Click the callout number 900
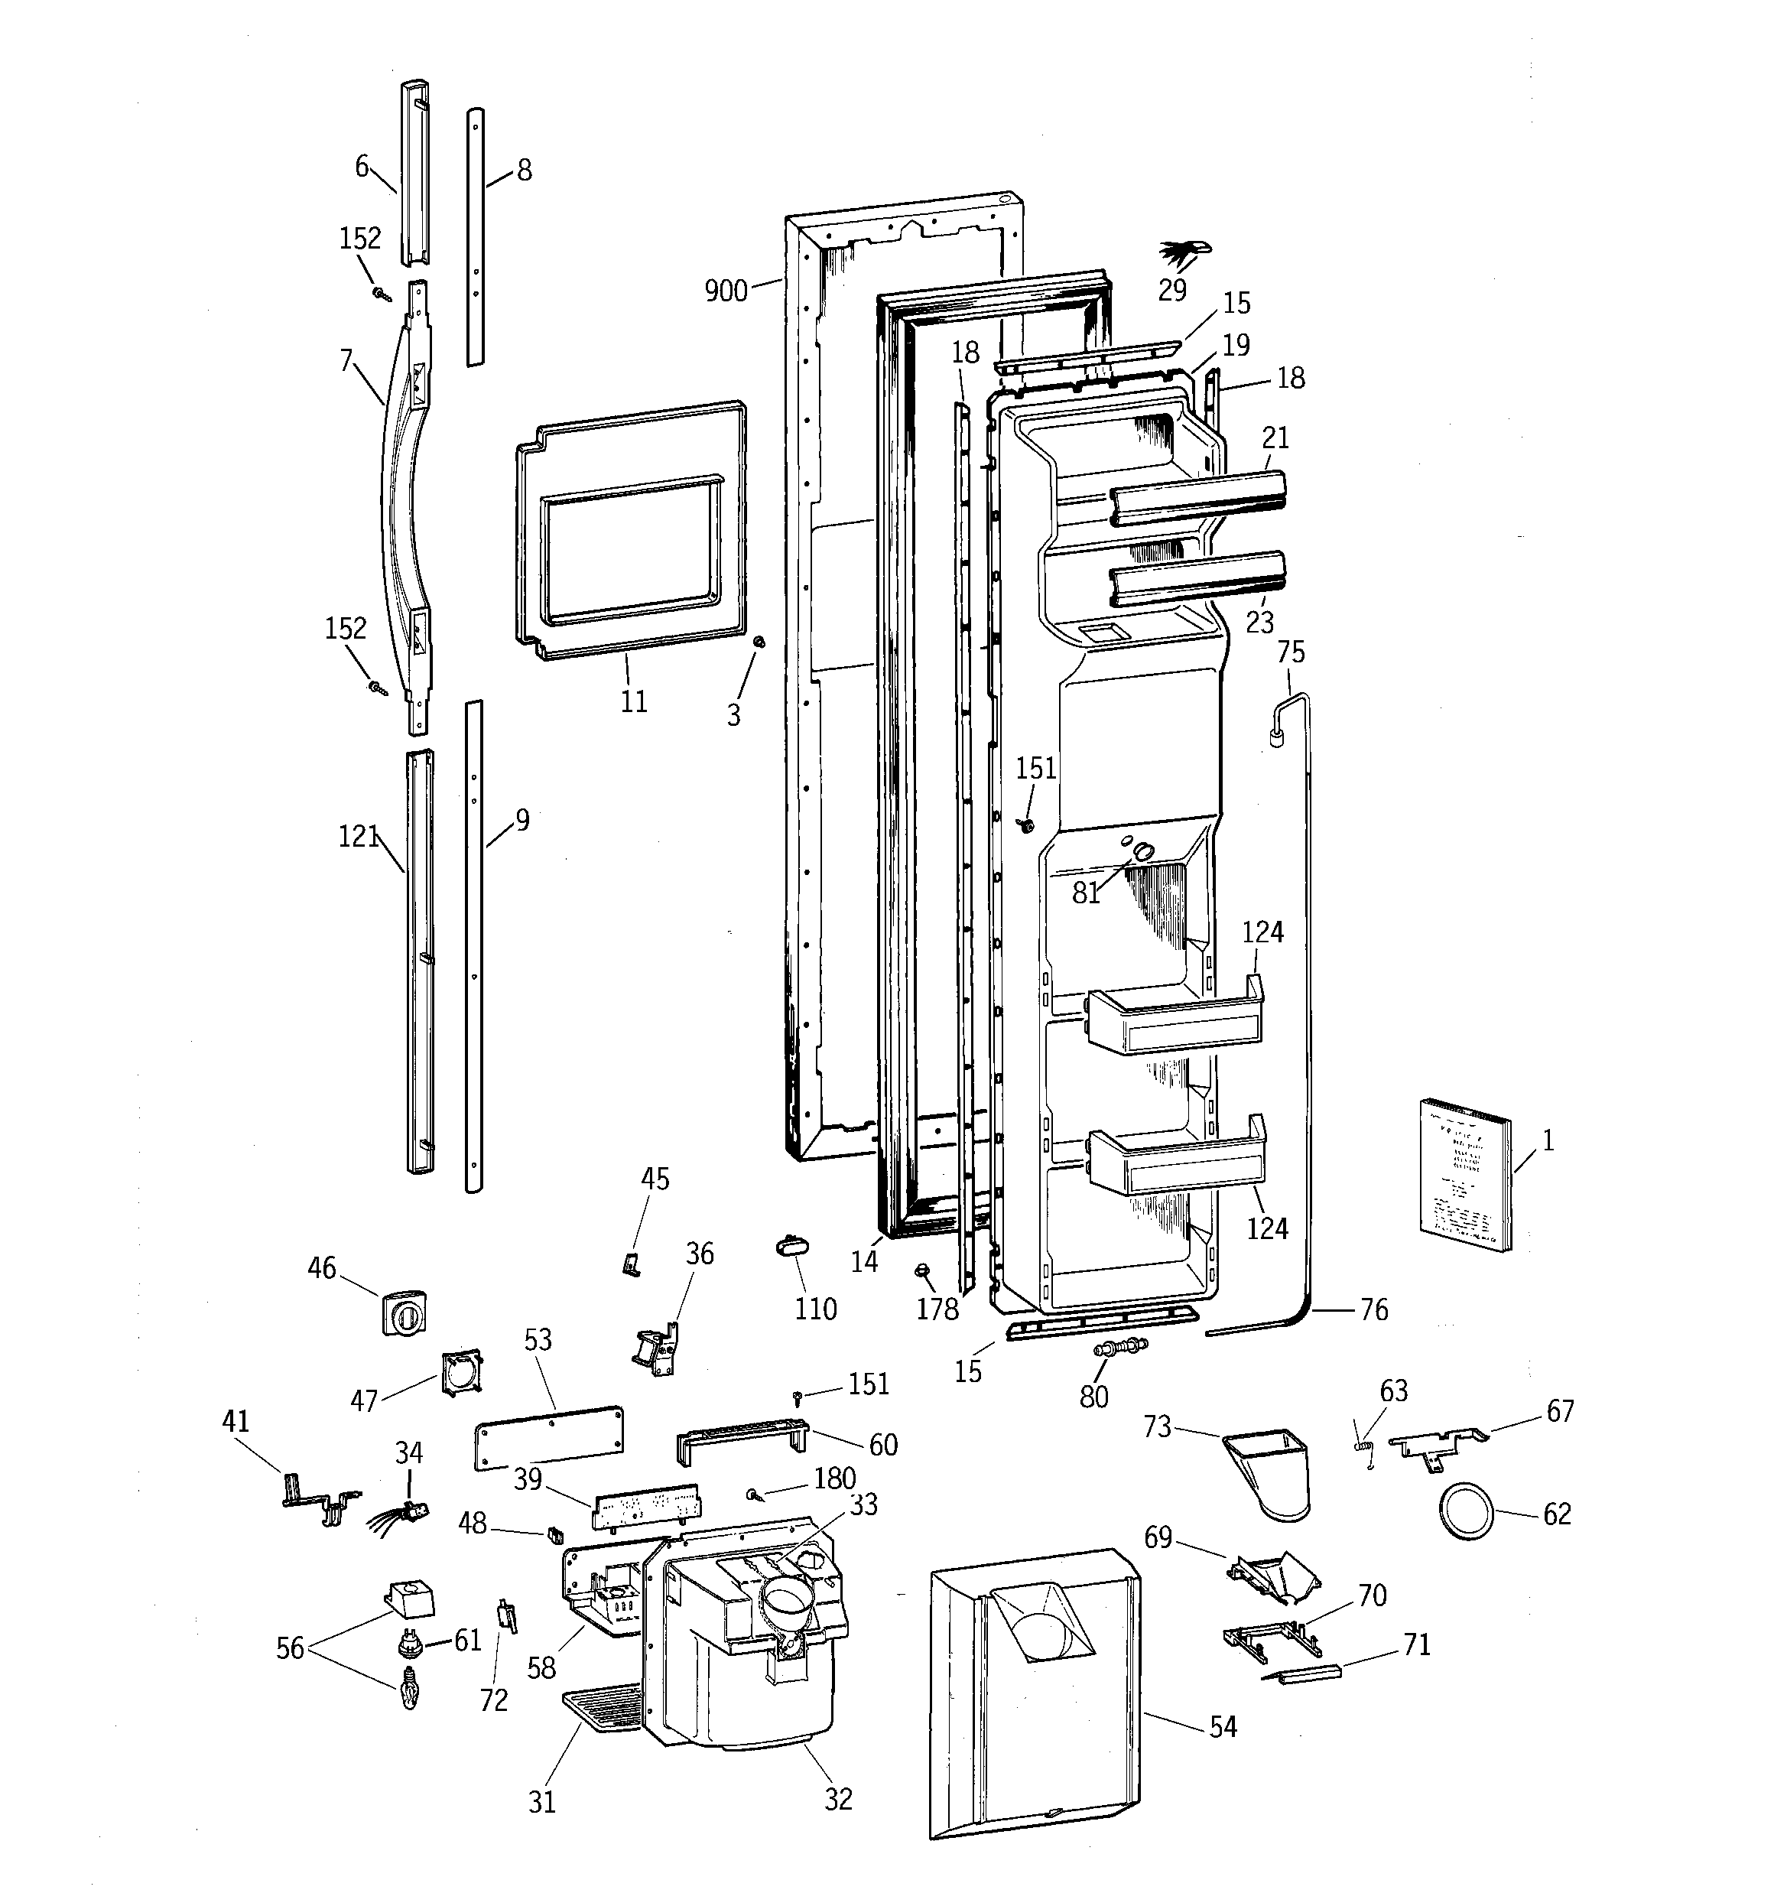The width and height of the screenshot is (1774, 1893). pos(726,291)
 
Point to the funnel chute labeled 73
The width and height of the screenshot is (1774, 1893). pos(1270,1470)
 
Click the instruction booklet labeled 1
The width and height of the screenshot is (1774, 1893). pos(1464,1175)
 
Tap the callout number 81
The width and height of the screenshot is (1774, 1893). pos(1086,893)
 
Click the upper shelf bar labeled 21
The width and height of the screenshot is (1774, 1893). pos(1197,496)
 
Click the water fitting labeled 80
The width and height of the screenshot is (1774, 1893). pos(1123,1348)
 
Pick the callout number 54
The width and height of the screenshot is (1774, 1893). pos(1223,1726)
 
